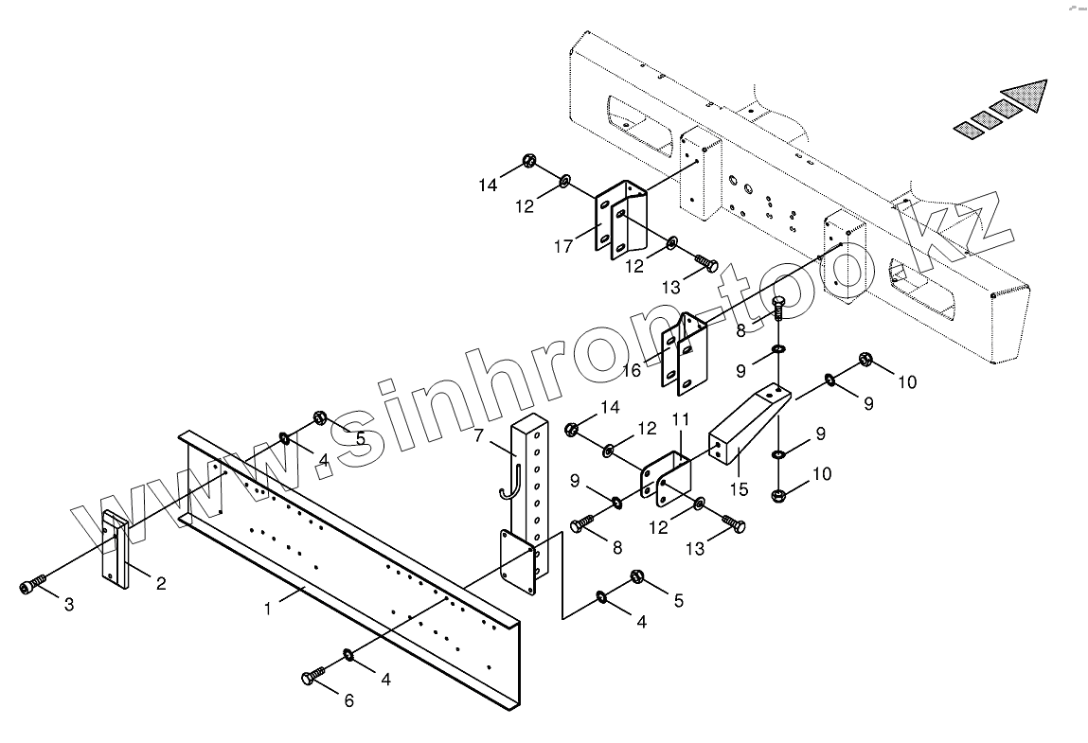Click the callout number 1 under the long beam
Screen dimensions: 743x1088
click(x=268, y=609)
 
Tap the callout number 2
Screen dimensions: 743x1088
click(x=161, y=583)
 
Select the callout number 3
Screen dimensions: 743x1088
click(x=69, y=605)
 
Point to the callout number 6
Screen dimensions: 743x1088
click(x=348, y=700)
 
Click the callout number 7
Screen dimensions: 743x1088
click(x=479, y=435)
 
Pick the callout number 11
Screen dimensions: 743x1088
click(x=680, y=417)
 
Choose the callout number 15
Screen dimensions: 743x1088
click(x=739, y=489)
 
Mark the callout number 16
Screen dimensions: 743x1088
click(x=632, y=370)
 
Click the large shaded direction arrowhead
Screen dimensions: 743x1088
click(x=1026, y=97)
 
